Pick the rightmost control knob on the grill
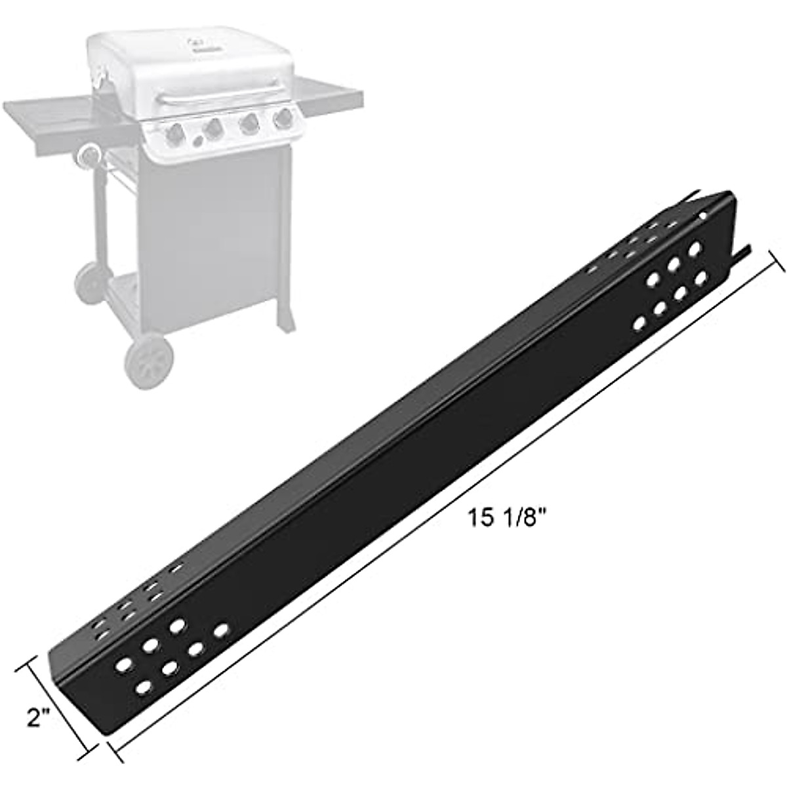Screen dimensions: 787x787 click(x=283, y=119)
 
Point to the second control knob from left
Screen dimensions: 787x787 click(x=213, y=130)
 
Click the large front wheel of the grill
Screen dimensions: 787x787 click(x=149, y=361)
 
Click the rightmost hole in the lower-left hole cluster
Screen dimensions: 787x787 click(x=222, y=631)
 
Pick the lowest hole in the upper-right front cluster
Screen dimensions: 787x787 click(x=639, y=323)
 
